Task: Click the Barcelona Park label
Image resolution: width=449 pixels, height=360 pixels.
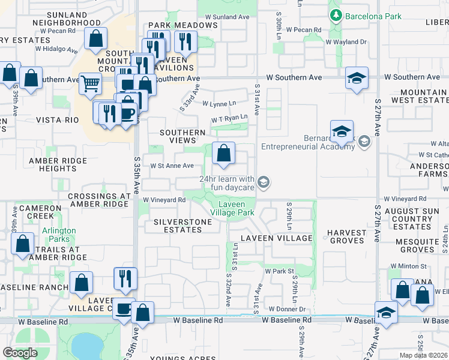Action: pos(373,16)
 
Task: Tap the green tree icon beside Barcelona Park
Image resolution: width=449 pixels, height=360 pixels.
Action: pos(336,16)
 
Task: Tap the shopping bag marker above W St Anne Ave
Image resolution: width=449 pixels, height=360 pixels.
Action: pos(223,153)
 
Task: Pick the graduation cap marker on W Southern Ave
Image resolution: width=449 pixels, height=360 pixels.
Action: pos(357,78)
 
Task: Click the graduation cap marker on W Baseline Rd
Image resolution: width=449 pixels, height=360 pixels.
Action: pos(386,313)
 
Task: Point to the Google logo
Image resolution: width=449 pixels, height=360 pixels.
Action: pos(20,352)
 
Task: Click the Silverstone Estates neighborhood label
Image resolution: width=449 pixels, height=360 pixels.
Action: pos(183,226)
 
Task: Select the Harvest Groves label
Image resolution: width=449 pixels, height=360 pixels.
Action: pos(346,236)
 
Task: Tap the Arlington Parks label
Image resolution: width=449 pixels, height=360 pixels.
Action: pos(59,235)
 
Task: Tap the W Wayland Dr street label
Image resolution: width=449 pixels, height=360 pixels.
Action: pos(346,42)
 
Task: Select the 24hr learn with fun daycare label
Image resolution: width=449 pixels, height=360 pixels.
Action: pos(227,182)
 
